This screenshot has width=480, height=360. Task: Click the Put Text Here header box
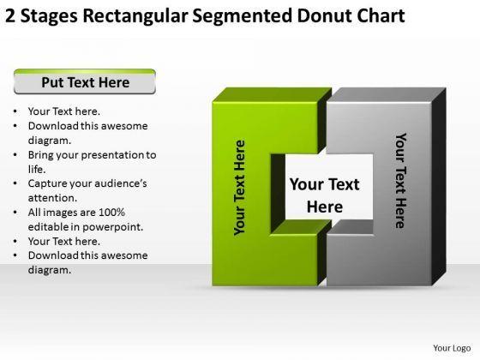pyautogui.click(x=85, y=83)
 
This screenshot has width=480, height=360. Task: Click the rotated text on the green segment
pyautogui.click(x=240, y=186)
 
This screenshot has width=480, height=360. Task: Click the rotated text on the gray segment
pyautogui.click(x=399, y=180)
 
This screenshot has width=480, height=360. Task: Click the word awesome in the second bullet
pyautogui.click(x=123, y=125)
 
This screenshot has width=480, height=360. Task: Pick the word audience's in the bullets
pyautogui.click(x=121, y=183)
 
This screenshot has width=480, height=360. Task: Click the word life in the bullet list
pyautogui.click(x=36, y=170)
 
